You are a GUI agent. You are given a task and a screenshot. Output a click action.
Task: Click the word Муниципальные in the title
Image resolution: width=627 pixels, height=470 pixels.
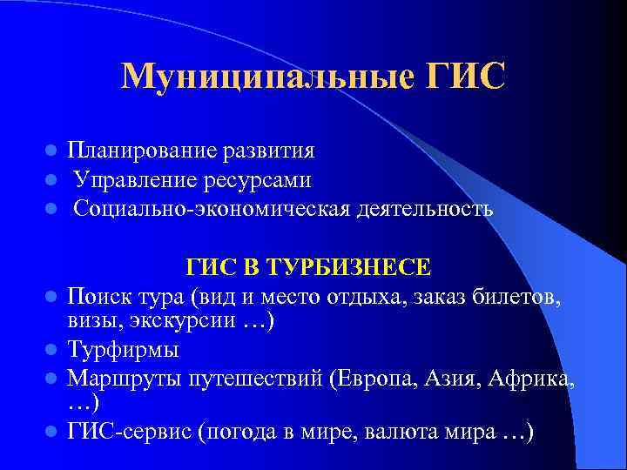point(259,77)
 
